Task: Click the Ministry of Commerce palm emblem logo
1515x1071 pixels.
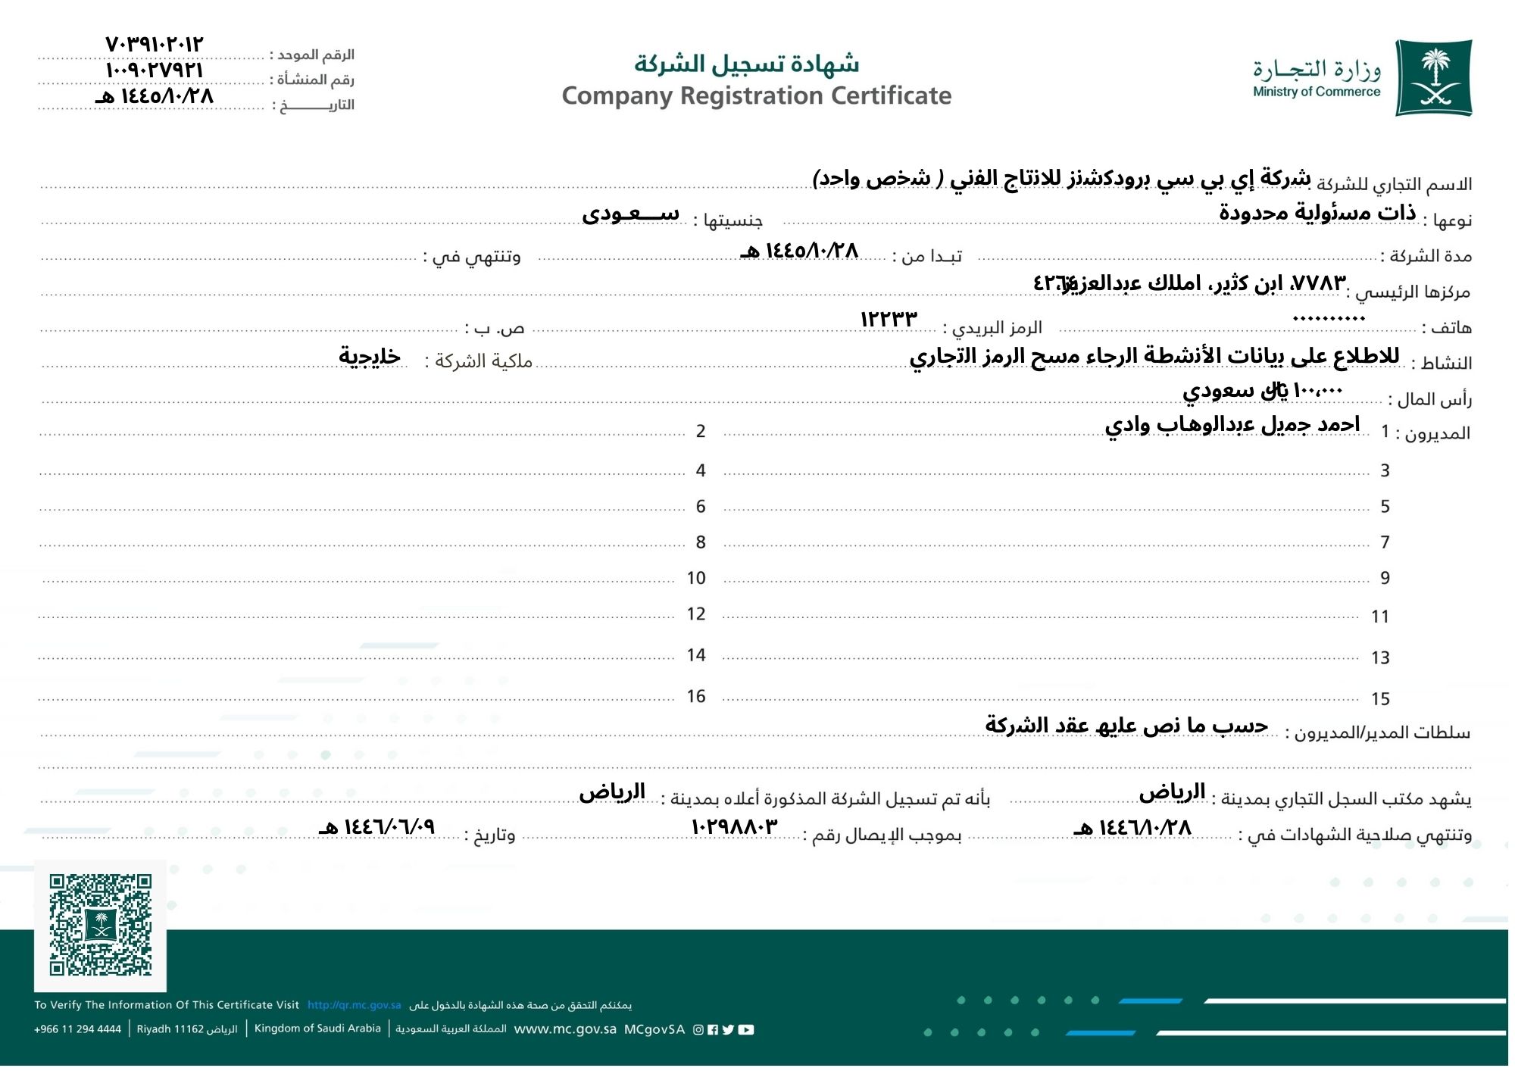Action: (1433, 78)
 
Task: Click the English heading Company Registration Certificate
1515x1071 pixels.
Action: (756, 96)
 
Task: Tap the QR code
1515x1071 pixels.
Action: (101, 925)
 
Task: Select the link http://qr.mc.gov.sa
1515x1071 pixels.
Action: (354, 1005)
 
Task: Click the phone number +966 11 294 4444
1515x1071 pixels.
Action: (77, 1029)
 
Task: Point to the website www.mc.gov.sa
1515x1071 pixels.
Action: (565, 1029)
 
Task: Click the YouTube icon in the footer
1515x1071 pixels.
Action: (746, 1029)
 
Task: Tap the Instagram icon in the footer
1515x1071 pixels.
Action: (698, 1029)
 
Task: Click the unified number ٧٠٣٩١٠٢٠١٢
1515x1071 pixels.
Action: (155, 44)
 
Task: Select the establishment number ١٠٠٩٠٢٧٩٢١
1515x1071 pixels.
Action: (155, 70)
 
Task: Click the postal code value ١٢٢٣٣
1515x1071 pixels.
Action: (889, 319)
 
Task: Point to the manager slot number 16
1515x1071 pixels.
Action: (696, 696)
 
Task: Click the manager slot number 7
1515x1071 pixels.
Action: (1385, 542)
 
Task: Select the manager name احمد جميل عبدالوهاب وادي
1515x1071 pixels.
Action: (1232, 425)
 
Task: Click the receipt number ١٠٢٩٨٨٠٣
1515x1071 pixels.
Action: (734, 826)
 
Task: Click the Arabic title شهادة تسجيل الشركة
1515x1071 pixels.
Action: (747, 64)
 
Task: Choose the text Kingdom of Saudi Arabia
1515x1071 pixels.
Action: (317, 1029)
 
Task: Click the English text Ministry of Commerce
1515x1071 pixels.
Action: (1317, 92)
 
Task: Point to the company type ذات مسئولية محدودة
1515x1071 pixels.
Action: (1317, 213)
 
